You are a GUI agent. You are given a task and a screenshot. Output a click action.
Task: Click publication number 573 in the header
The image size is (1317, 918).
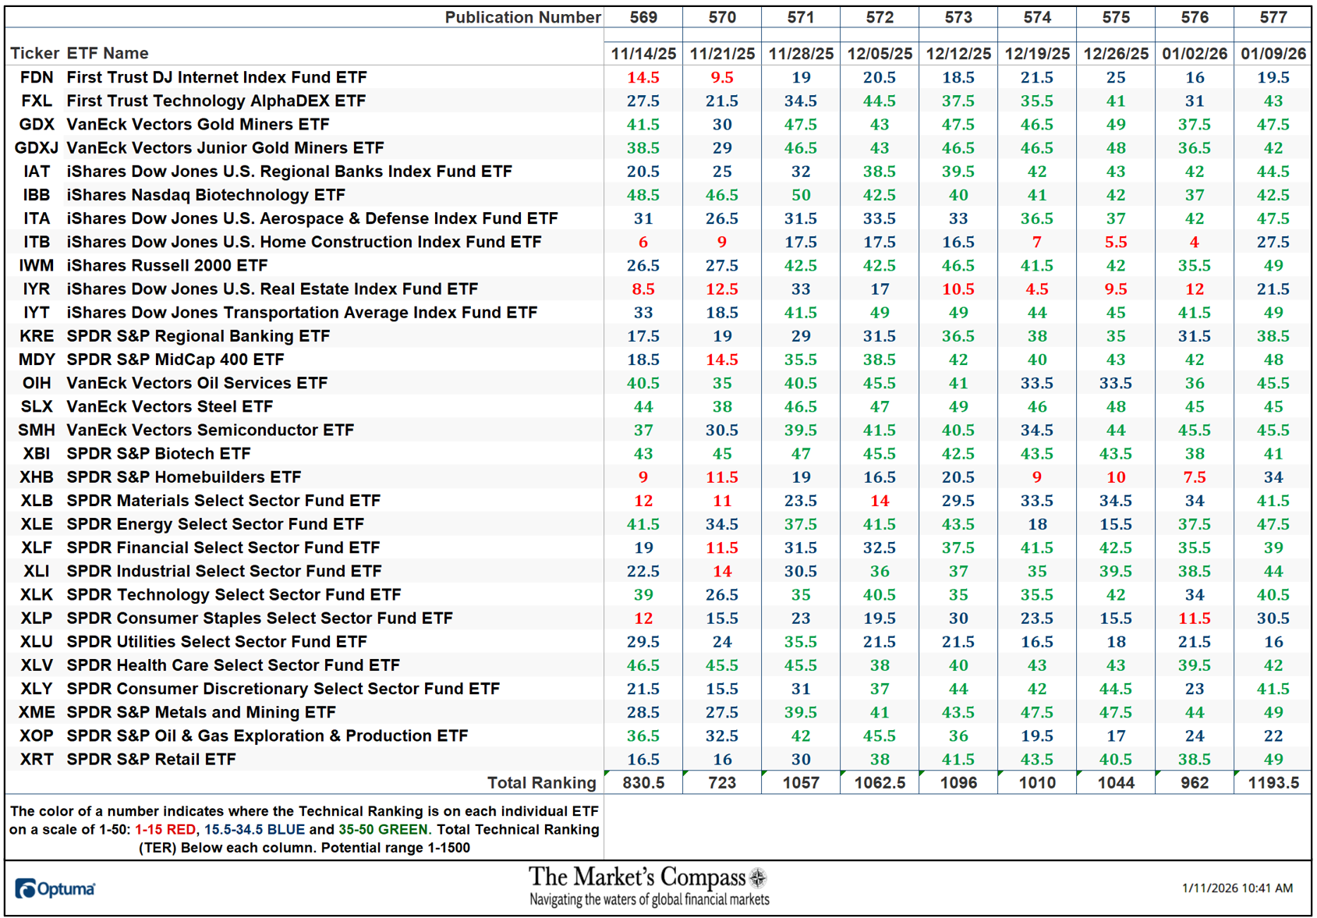pos(958,17)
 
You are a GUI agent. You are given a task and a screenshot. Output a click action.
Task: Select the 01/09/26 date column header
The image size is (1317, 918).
pos(1273,54)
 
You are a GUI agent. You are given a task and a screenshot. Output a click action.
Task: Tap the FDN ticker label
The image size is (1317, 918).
pos(37,77)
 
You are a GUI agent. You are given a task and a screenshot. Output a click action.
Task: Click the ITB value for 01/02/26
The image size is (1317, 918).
pos(1195,242)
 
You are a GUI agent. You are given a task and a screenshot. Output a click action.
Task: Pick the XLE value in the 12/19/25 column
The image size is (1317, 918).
pos(1037,524)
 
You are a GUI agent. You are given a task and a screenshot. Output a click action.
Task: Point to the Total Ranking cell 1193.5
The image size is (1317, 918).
pos(1273,782)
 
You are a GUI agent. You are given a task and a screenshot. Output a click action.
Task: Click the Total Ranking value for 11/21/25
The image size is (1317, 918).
pos(722,782)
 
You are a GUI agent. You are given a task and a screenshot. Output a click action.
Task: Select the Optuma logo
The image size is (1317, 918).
pos(55,888)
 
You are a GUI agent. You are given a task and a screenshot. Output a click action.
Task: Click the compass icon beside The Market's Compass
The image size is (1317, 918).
pos(758,878)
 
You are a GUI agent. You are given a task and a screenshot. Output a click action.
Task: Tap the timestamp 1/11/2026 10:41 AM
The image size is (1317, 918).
pos(1237,888)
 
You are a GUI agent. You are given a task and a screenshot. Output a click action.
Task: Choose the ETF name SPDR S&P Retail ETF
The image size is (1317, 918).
pos(151,759)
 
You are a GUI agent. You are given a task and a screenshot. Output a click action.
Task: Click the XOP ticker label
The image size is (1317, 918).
pos(37,735)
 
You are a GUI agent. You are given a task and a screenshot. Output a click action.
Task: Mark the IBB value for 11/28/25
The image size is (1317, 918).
pos(801,195)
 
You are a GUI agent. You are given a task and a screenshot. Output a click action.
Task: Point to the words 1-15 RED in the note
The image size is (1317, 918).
pos(165,829)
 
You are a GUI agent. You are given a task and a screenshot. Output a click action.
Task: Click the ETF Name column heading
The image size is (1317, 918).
pos(108,53)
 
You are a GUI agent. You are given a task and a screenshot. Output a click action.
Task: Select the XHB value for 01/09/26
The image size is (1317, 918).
pos(1273,477)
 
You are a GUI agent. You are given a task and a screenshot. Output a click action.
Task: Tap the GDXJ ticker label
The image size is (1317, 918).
pos(37,147)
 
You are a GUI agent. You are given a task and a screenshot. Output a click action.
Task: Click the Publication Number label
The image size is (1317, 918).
pos(522,17)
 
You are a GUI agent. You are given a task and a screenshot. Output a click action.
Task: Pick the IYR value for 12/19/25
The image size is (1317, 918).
pos(1037,289)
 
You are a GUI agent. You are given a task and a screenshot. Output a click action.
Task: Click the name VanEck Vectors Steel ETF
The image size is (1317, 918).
pos(170,406)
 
